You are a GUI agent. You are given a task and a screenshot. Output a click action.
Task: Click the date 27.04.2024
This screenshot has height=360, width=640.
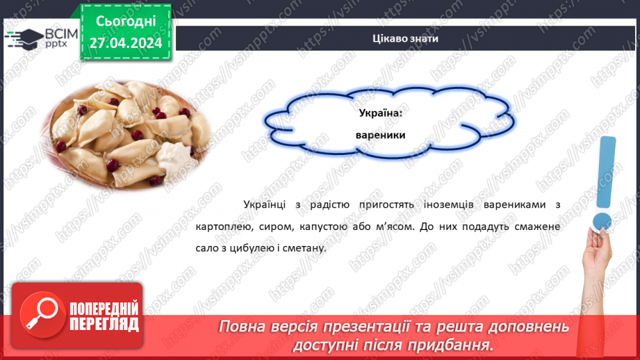[125, 42]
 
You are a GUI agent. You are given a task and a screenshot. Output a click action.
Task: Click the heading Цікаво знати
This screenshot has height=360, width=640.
[405, 38]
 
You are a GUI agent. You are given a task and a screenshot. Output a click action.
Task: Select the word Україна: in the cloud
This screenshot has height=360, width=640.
[380, 113]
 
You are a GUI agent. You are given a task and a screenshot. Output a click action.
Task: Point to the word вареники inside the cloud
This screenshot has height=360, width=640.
[380, 136]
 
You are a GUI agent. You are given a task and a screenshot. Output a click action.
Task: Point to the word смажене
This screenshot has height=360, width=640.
[536, 227]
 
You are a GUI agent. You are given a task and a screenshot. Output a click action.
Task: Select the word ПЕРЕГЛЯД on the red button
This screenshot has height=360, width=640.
[104, 324]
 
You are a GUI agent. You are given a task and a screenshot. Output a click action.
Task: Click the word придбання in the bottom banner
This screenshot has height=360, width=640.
[457, 345]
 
